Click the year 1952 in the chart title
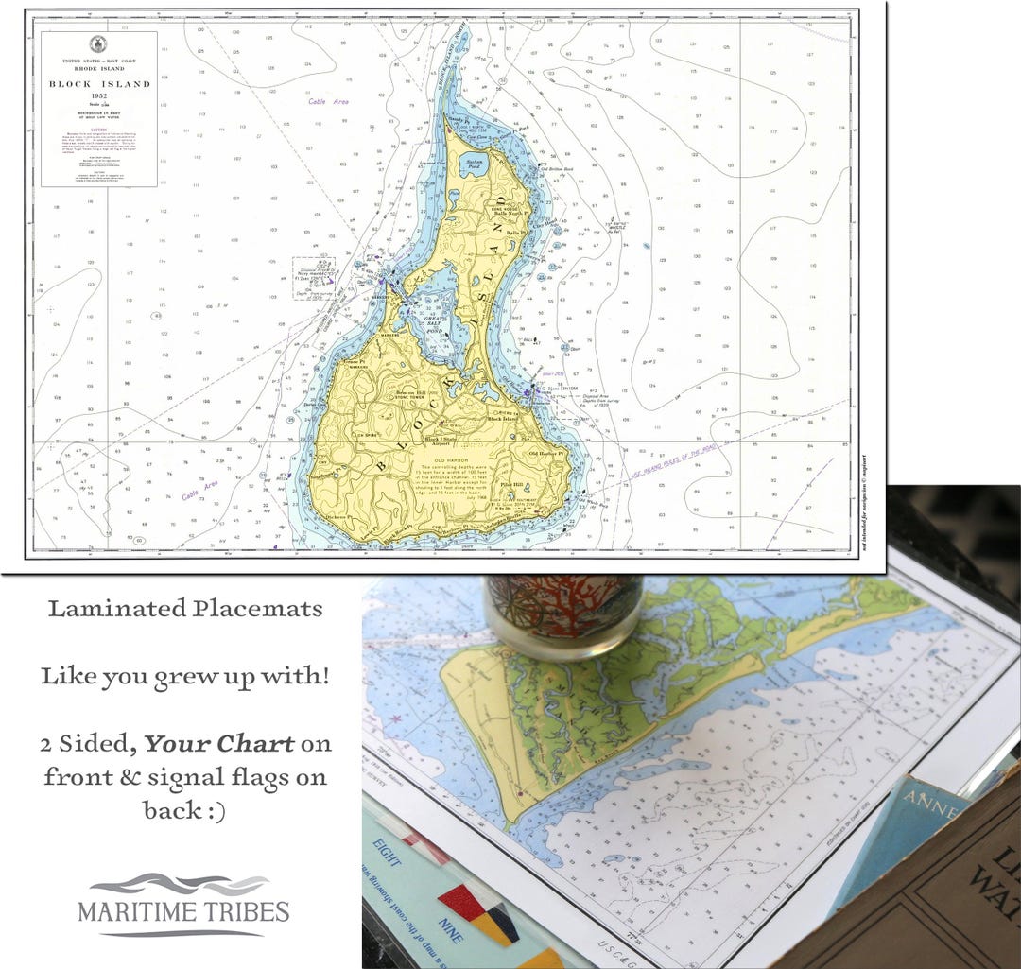click(x=99, y=96)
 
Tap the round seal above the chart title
click(x=98, y=43)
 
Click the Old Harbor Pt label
click(x=546, y=454)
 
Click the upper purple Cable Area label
click(x=328, y=101)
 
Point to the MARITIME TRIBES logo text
click(x=183, y=914)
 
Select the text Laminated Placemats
click(x=185, y=608)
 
